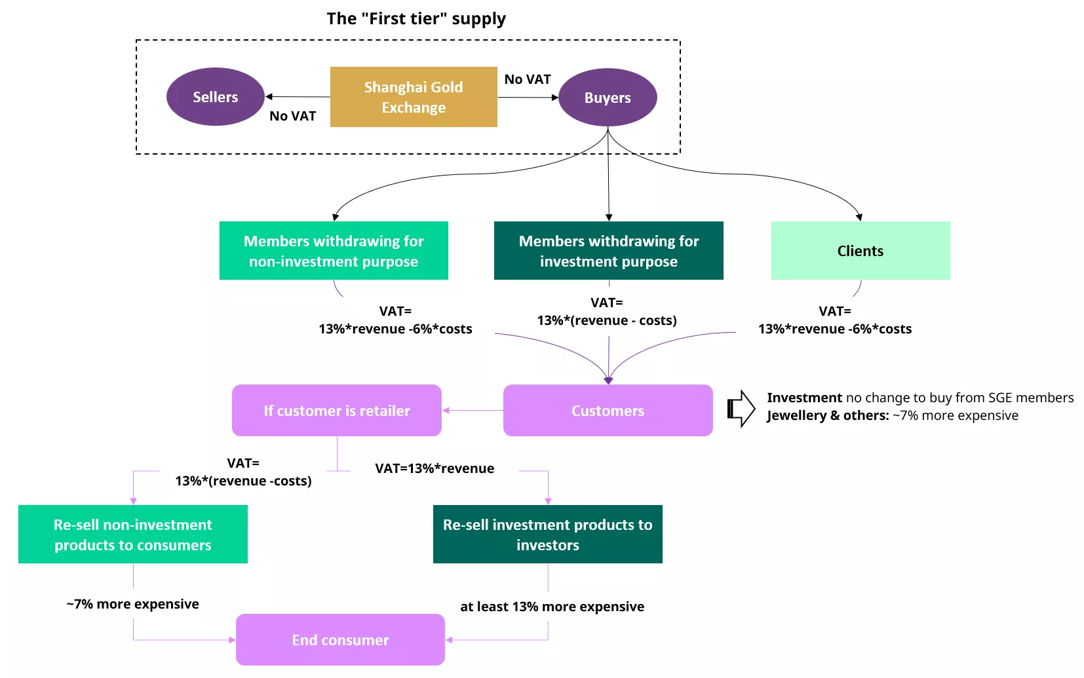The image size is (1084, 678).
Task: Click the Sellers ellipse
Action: (x=215, y=97)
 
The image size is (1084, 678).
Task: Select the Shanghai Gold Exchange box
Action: (x=414, y=97)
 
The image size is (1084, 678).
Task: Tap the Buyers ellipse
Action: (x=608, y=98)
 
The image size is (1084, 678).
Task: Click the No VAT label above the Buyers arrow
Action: (x=527, y=79)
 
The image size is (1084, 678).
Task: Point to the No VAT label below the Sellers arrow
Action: (x=292, y=116)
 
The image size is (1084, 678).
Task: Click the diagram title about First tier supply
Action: (x=416, y=18)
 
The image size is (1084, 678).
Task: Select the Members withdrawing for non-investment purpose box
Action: (x=334, y=251)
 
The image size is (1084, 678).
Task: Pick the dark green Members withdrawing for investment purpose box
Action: (x=608, y=251)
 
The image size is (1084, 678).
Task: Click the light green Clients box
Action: (x=860, y=251)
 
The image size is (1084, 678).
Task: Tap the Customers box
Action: (x=608, y=411)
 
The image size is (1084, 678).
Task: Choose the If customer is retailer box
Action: (x=336, y=411)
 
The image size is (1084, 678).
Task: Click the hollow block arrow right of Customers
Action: (x=741, y=409)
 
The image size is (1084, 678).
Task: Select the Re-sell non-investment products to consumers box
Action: (x=133, y=535)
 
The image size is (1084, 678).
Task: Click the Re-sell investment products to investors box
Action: (x=547, y=535)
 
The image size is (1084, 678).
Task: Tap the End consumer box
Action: (x=340, y=640)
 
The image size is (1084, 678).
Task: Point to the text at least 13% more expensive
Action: (x=552, y=607)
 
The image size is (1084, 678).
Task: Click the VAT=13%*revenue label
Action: (x=435, y=468)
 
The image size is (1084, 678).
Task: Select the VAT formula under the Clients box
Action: (x=834, y=320)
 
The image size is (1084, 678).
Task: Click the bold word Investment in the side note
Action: (x=804, y=398)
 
